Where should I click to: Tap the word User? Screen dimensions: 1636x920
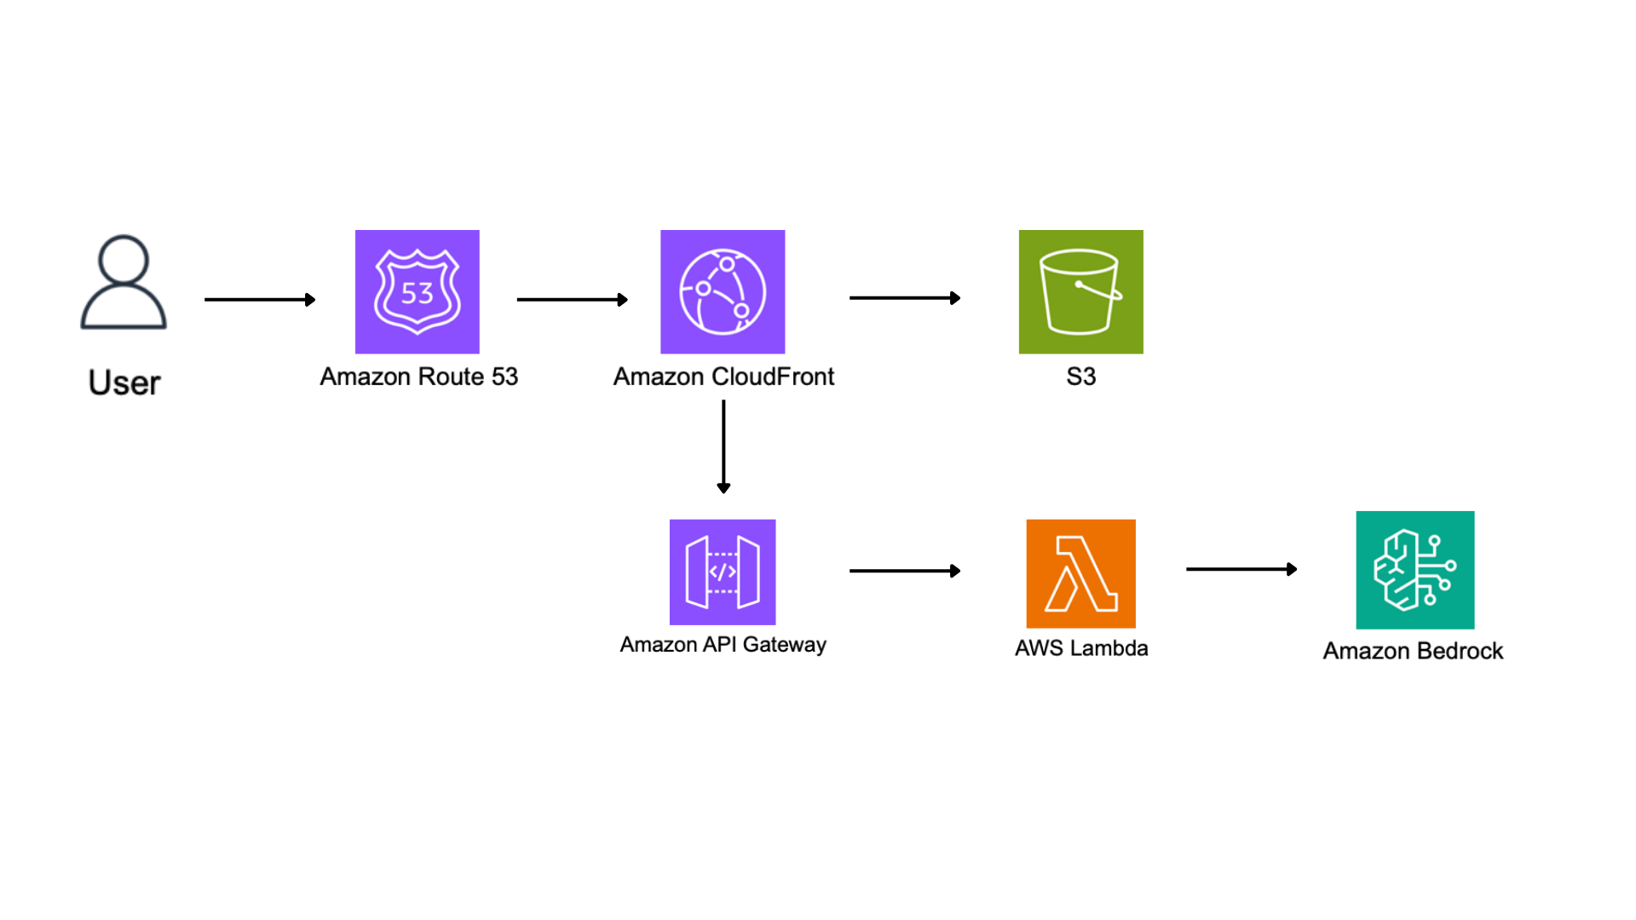[124, 382]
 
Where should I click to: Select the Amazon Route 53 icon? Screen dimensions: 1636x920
[418, 291]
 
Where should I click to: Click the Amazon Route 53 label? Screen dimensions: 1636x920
[419, 377]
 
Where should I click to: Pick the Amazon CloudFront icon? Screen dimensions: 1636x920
[723, 291]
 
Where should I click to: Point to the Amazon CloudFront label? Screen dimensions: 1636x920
[724, 377]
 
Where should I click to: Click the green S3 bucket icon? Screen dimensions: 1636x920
[1081, 291]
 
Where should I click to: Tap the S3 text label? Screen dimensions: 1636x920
[1081, 377]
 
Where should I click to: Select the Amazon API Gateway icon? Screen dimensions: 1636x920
[723, 572]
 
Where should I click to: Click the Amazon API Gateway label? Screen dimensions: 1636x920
[723, 645]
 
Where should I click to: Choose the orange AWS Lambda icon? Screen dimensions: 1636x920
[1081, 573]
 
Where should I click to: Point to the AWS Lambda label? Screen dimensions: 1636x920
[1081, 648]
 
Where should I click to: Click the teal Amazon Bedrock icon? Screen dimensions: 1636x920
[1415, 570]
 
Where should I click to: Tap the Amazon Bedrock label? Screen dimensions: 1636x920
[1414, 651]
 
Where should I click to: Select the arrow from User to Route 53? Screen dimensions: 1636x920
[260, 300]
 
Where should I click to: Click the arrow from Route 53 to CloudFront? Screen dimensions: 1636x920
[573, 300]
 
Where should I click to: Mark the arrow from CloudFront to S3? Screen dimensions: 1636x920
[905, 298]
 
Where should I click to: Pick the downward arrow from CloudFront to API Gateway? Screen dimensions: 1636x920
[723, 447]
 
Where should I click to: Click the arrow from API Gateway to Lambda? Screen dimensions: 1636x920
[905, 571]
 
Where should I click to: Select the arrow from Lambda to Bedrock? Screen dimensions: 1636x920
[1241, 569]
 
